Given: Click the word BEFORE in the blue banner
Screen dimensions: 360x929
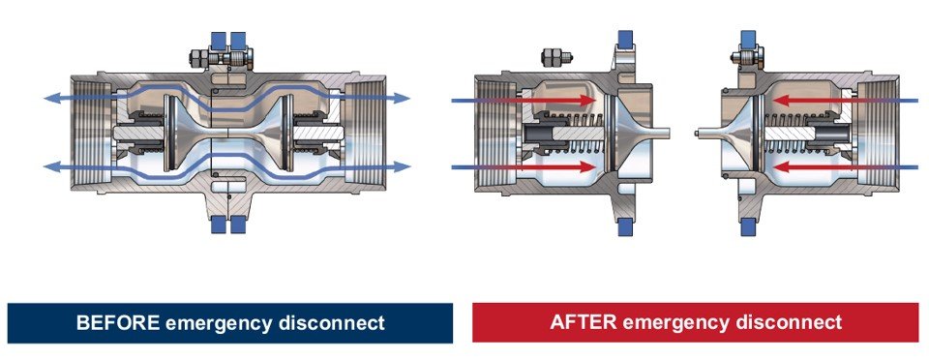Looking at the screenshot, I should tap(116, 322).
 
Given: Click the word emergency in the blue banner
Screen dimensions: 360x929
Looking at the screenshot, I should tap(215, 322).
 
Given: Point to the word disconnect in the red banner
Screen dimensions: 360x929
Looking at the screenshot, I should tap(791, 322).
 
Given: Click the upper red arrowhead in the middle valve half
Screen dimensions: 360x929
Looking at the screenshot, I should tap(587, 100).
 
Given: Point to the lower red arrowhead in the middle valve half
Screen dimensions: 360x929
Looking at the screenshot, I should tap(587, 167).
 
